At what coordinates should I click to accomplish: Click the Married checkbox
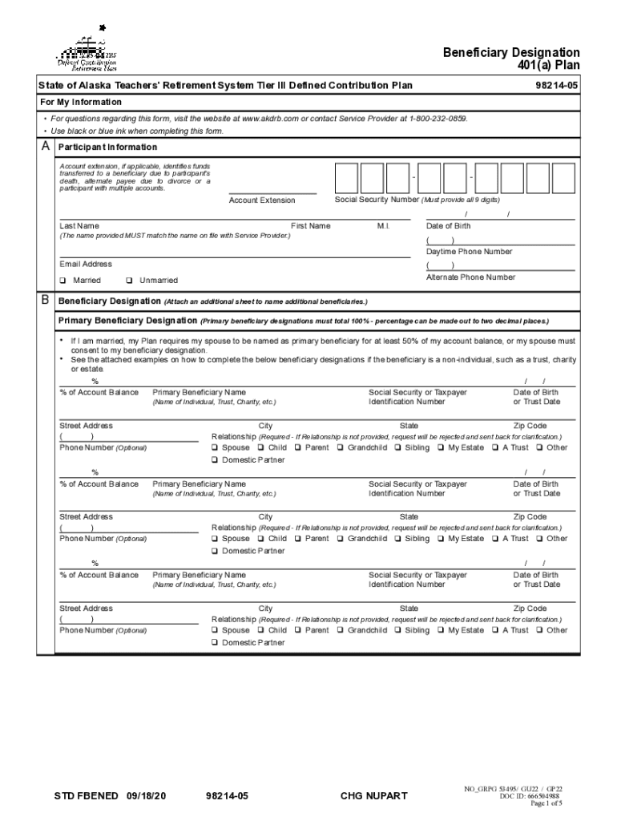click(63, 281)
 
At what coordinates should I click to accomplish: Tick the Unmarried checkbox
click(129, 281)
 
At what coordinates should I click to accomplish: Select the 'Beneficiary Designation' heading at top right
click(511, 53)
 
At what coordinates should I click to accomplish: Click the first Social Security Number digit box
click(346, 178)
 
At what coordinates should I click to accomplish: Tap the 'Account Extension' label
click(262, 200)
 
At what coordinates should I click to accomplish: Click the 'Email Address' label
click(86, 264)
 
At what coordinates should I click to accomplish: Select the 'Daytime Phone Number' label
click(469, 252)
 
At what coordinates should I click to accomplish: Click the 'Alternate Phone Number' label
click(470, 277)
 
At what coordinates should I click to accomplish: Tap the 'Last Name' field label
click(79, 226)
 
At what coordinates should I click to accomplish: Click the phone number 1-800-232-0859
click(438, 119)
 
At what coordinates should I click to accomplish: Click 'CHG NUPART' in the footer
click(373, 795)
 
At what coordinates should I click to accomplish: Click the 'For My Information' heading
click(81, 102)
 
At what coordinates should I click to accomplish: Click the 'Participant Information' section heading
click(107, 148)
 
